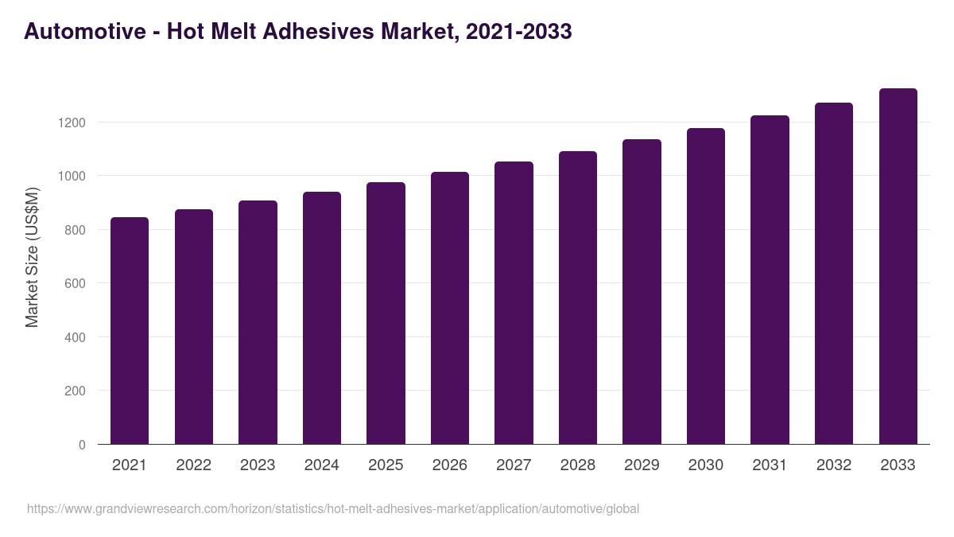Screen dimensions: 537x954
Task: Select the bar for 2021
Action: [x=130, y=330]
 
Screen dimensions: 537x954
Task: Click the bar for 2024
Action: [x=322, y=318]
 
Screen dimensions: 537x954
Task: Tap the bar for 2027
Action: [x=514, y=302]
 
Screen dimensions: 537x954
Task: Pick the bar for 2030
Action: [x=706, y=286]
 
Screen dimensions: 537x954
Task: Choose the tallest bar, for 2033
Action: [x=898, y=267]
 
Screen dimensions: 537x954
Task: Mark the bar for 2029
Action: [x=642, y=291]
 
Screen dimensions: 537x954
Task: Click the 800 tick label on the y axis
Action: [x=74, y=230]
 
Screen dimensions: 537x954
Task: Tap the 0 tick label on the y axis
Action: [x=82, y=445]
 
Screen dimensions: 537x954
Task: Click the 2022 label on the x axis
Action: [x=193, y=465]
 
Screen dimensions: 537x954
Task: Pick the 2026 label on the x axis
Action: [x=449, y=465]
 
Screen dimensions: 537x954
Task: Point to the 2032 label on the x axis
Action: [x=833, y=465]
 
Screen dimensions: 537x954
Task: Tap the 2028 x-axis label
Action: [x=577, y=465]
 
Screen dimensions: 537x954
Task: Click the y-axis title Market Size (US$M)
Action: [x=32, y=257]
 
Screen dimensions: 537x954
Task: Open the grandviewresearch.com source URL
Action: [x=333, y=508]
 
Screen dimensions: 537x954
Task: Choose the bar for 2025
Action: [x=386, y=313]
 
